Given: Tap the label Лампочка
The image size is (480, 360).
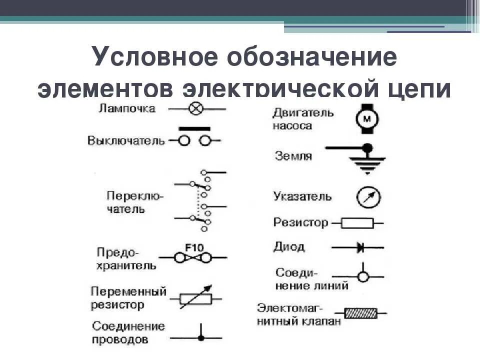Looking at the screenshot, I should coord(127,108).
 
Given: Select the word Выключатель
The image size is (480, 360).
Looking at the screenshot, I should coord(126,140).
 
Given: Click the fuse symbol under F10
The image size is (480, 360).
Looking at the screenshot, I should coord(192,258).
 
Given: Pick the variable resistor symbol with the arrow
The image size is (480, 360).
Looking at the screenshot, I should coord(195,298).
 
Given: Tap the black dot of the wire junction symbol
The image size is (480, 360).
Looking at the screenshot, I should coord(201,338).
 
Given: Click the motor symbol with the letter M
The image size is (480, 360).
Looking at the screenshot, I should coord(367,118).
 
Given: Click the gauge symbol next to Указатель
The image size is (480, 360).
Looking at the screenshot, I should coord(368,196).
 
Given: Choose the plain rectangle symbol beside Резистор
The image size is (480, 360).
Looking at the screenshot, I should coord(357,223).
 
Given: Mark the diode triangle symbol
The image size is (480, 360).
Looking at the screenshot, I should coord(359,247).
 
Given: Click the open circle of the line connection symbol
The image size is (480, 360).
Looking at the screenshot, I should coord(363,276).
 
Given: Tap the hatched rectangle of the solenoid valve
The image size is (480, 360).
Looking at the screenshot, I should coord(361,313).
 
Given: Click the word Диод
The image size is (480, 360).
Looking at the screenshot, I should coord(288,246).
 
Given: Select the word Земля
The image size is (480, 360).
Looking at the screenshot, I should coord(293,156).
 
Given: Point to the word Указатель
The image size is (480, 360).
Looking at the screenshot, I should coord(302,196).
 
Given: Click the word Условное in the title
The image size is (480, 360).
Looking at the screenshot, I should coord(155,57).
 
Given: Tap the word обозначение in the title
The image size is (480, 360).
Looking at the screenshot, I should coord(312,57).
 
